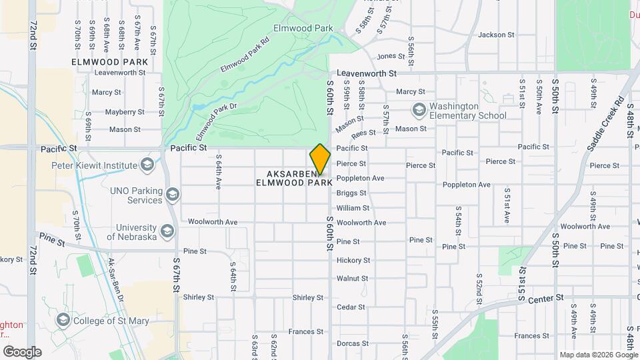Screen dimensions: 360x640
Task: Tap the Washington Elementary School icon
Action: tap(419, 109)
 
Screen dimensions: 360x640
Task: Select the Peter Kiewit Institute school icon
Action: tap(147, 165)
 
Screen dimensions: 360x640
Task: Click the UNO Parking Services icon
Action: tap(173, 195)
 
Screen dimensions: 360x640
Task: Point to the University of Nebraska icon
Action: tap(167, 231)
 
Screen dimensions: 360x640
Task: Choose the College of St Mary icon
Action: tap(63, 319)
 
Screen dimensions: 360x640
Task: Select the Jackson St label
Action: tap(497, 35)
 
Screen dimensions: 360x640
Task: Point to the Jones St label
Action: tap(391, 57)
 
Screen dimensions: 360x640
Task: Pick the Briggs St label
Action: tap(351, 193)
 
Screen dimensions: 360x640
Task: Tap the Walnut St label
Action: tap(352, 279)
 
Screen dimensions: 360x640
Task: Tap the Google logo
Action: tap(22, 352)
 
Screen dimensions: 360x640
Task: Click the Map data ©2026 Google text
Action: tap(598, 355)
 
